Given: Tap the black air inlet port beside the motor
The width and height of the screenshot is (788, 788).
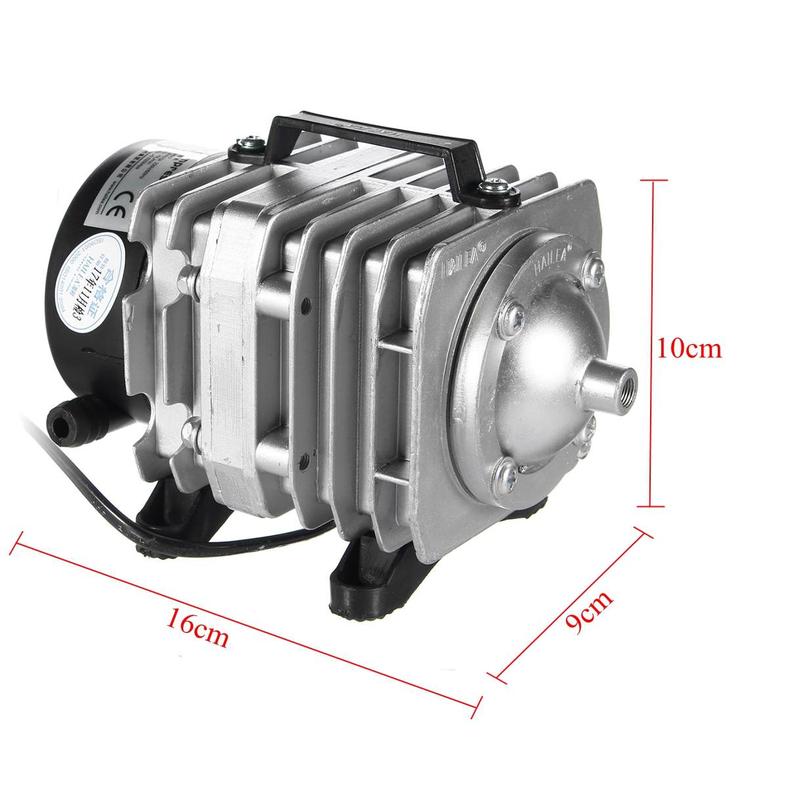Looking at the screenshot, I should coord(64,420).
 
